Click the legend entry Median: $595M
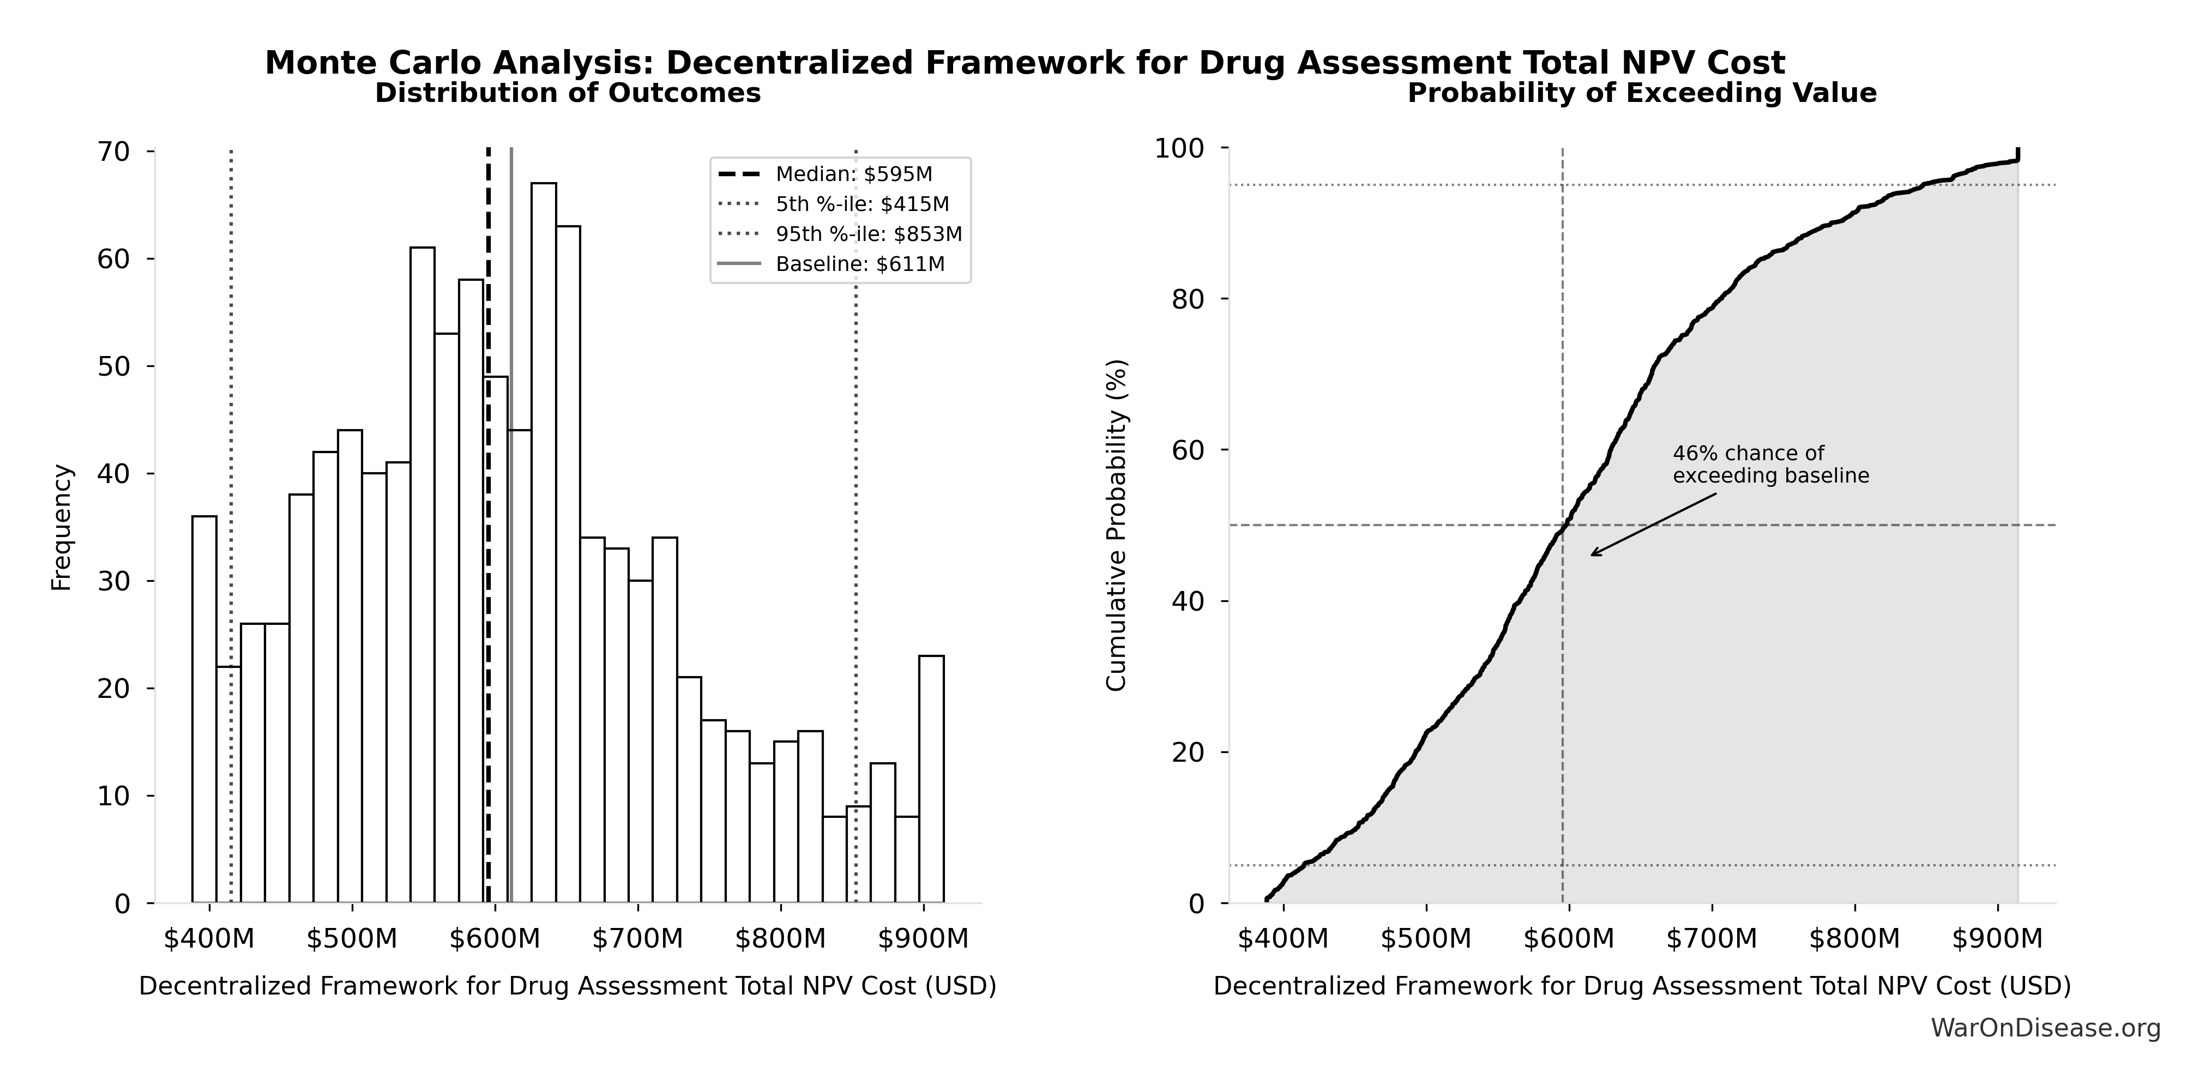[853, 174]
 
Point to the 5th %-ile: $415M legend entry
[861, 204]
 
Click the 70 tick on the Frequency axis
[113, 152]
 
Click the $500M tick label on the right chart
[1426, 938]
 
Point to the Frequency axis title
[62, 527]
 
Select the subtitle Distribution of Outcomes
[568, 93]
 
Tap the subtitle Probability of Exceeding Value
[1641, 93]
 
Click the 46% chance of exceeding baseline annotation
[1770, 465]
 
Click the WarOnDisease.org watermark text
[2045, 1027]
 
